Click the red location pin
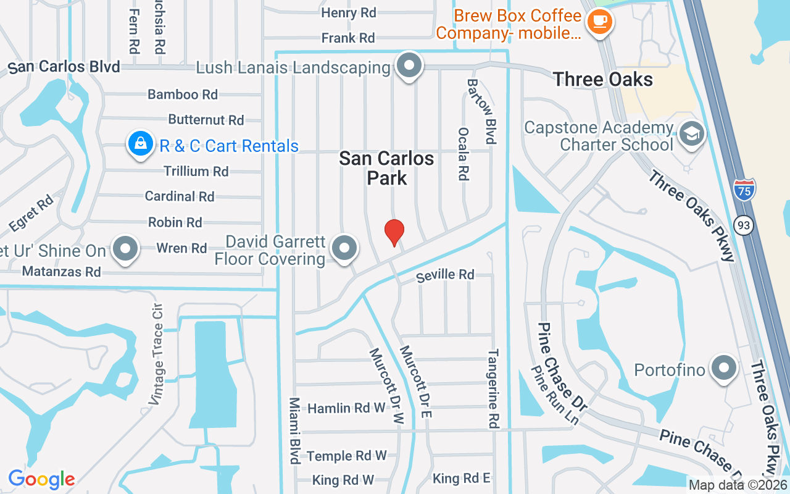pyautogui.click(x=394, y=232)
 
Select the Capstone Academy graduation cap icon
pyautogui.click(x=691, y=133)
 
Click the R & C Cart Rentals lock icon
pyautogui.click(x=141, y=144)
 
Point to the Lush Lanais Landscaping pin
pyautogui.click(x=409, y=65)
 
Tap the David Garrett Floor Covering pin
pyautogui.click(x=344, y=248)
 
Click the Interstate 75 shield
pyautogui.click(x=745, y=189)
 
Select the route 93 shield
pyautogui.click(x=744, y=225)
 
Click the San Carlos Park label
pyautogui.click(x=387, y=168)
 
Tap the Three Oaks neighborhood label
pyautogui.click(x=602, y=79)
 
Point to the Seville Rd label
pyautogui.click(x=445, y=274)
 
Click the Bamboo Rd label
pyautogui.click(x=183, y=94)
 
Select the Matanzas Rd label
pyautogui.click(x=61, y=271)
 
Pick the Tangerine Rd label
pyautogui.click(x=493, y=389)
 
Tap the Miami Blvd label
pyautogui.click(x=294, y=430)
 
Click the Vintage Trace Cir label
pyautogui.click(x=156, y=354)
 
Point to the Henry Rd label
pyautogui.click(x=349, y=13)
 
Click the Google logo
pyautogui.click(x=41, y=479)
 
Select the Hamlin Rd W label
pyautogui.click(x=346, y=408)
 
